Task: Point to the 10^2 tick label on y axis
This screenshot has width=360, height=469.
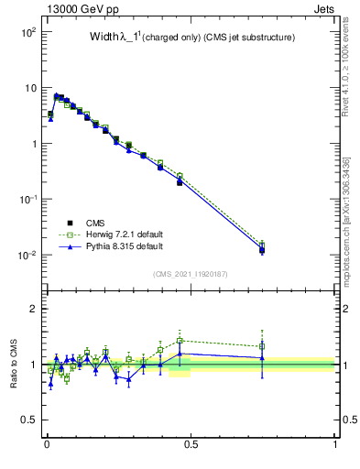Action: click(x=27, y=32)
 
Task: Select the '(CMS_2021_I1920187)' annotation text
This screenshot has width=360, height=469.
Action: click(x=191, y=274)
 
